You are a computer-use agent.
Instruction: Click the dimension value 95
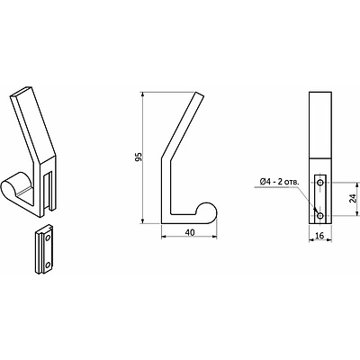point(138,157)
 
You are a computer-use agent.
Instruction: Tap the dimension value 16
point(321,237)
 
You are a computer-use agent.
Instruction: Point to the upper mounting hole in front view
point(321,182)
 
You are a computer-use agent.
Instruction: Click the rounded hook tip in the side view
point(208,211)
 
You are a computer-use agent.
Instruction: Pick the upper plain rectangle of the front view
point(321,126)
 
